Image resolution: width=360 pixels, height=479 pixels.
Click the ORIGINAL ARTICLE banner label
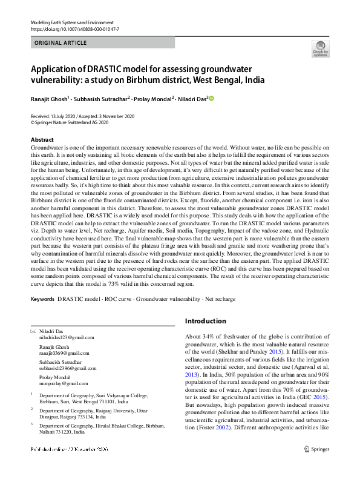(61, 43)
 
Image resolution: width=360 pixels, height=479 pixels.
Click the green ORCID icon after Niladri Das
(212, 98)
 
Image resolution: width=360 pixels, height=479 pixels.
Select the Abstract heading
(42, 140)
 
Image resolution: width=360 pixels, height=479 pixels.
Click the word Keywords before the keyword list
(42, 299)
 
